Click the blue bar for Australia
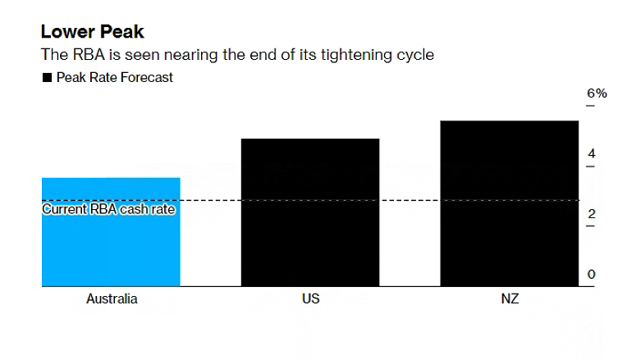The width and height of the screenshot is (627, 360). point(111,246)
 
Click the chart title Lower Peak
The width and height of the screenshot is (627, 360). point(92,32)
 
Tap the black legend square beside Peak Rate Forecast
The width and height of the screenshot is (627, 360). point(46,78)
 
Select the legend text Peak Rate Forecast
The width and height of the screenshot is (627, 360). point(114,78)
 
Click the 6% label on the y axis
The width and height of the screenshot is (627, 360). point(597,93)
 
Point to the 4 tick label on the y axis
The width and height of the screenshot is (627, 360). point(591,154)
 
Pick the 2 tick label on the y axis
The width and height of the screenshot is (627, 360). point(591,214)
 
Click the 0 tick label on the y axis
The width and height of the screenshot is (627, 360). point(591,275)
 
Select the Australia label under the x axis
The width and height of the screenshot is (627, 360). point(112,299)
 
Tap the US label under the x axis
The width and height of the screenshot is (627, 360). point(310,299)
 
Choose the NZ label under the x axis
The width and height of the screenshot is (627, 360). point(510,299)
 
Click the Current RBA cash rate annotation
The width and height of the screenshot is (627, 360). point(108,209)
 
